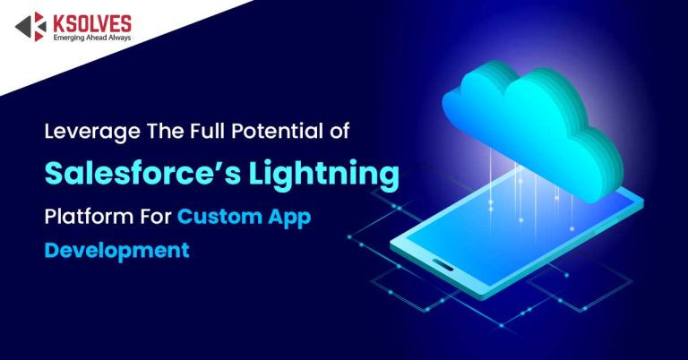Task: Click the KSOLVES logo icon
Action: [30, 27]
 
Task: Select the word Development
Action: [117, 250]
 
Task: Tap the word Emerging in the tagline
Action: [68, 39]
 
